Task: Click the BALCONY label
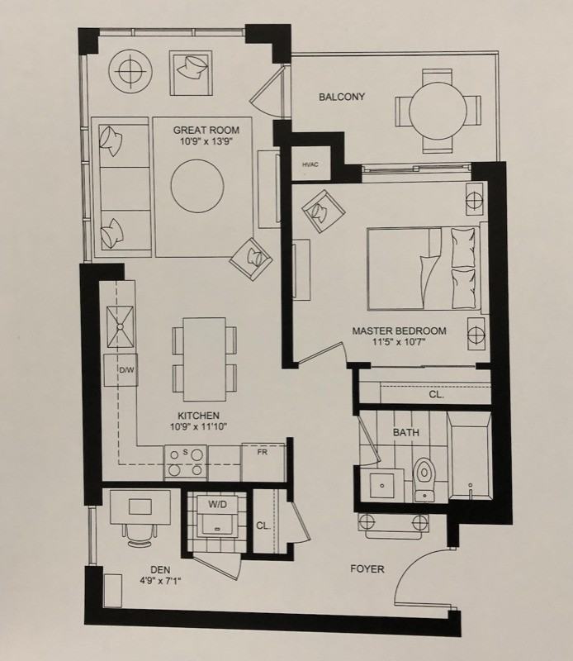342,97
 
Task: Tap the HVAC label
310,164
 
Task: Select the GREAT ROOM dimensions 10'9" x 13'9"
206,141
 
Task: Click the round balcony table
438,111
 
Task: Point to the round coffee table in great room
197,185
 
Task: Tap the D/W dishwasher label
126,370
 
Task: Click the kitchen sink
120,326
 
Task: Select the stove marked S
186,462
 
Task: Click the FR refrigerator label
263,452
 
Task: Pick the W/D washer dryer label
217,504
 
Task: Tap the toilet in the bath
424,479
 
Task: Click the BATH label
405,432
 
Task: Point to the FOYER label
367,569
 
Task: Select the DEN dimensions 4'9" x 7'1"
160,581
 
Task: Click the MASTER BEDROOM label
399,331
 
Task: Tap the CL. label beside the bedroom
436,395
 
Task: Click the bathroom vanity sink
381,485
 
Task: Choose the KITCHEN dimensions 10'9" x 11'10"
198,426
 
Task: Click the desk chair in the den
140,535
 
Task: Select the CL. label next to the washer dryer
263,526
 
